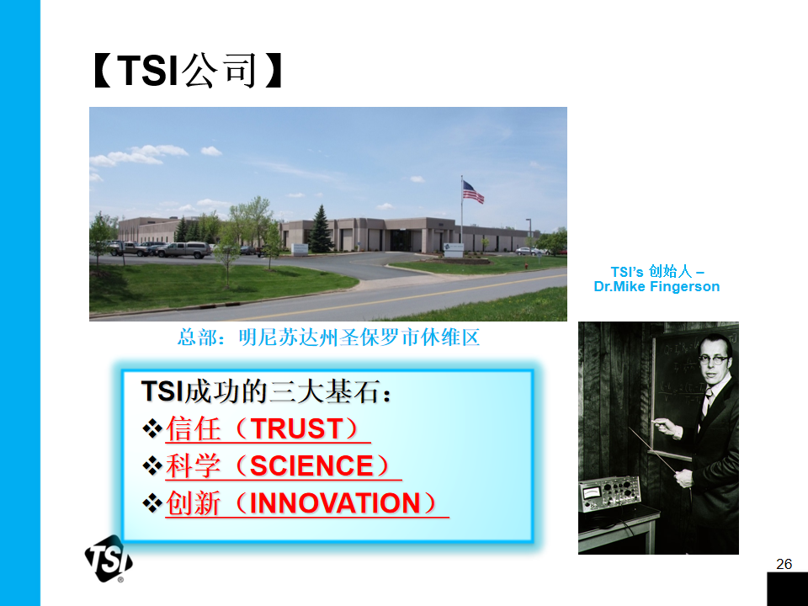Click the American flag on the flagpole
472,192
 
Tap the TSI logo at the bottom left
109,559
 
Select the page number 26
784,564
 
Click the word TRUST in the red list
296,428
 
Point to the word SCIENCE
311,465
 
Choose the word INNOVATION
335,503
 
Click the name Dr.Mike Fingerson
656,286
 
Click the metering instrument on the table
609,494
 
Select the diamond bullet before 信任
152,428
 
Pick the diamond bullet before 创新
152,503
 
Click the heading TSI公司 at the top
188,71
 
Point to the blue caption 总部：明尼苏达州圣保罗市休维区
329,338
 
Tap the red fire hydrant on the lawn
525,265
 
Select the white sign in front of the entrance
454,250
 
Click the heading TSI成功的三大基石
266,391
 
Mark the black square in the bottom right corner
788,589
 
